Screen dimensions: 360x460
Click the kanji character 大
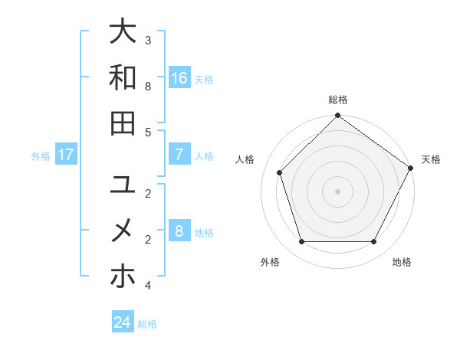pos(123,32)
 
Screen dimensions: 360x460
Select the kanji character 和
pos(123,77)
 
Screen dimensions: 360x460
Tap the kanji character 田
pos(123,123)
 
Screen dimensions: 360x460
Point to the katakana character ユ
pos(123,185)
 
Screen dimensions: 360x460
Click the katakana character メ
pos(123,230)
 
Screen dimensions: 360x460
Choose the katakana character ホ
pos(123,276)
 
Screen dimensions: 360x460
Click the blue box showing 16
pos(179,78)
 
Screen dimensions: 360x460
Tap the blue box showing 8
pos(179,231)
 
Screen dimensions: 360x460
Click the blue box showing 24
pos(123,322)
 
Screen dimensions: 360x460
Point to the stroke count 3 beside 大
pos(148,40)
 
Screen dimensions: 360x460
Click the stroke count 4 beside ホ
pos(148,286)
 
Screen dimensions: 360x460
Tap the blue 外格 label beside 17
pos(41,156)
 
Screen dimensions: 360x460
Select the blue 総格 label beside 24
pos(147,324)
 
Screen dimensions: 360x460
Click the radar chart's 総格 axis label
pos(337,100)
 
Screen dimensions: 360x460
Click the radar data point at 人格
pos(280,172)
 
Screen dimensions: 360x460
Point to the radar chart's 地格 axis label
pos(402,263)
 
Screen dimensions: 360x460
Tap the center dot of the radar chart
pos(337,191)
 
